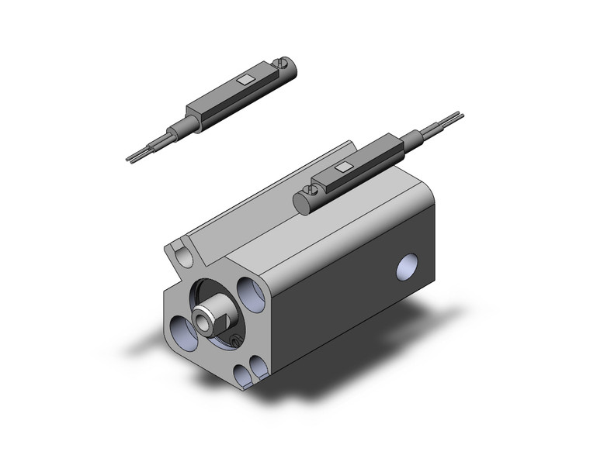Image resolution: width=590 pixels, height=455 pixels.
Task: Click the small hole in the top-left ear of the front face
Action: point(181,254)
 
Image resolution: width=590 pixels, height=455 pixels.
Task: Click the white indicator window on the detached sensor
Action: point(245,79)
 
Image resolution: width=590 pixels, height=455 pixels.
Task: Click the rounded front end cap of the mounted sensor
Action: point(301,203)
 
